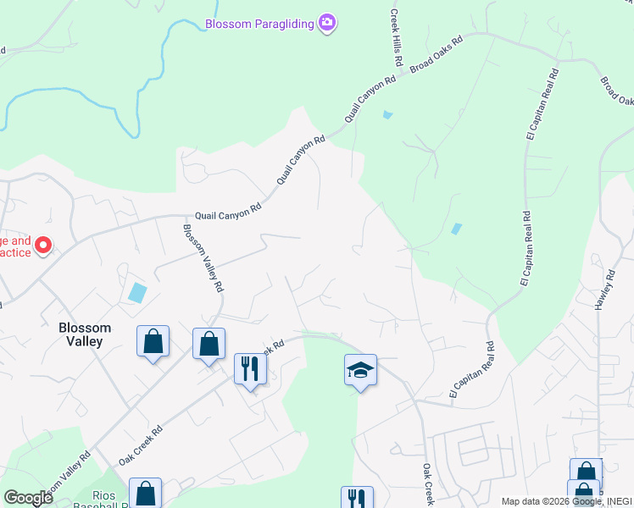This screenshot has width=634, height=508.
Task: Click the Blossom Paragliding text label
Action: pyautogui.click(x=259, y=24)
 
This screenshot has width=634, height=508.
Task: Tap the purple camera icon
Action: pyautogui.click(x=327, y=23)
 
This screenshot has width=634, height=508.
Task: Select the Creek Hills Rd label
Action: pyautogui.click(x=395, y=39)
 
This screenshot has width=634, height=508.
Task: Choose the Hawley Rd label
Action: pyautogui.click(x=609, y=290)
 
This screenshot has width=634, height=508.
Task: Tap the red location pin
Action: pyautogui.click(x=42, y=246)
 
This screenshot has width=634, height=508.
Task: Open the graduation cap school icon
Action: pyautogui.click(x=360, y=369)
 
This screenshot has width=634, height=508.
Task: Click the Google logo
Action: pyautogui.click(x=28, y=497)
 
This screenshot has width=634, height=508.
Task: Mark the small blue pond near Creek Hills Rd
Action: pyautogui.click(x=387, y=114)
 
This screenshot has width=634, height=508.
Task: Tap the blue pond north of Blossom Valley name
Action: pyautogui.click(x=136, y=293)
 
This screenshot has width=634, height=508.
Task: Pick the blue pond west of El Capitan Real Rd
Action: pyautogui.click(x=458, y=229)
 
